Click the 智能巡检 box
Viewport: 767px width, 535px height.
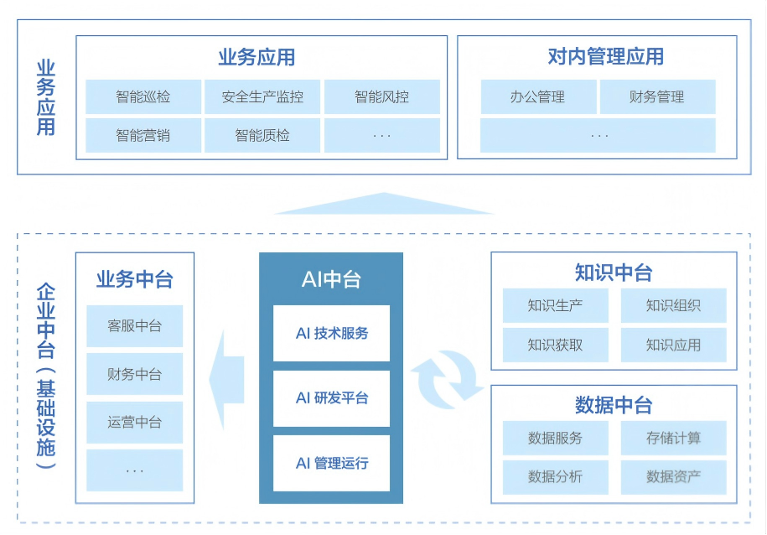tap(143, 96)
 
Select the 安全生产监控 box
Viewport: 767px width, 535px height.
tap(262, 96)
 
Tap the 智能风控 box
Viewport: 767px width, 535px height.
tap(381, 96)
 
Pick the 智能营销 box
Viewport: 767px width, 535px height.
tap(143, 135)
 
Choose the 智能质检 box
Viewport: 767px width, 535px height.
tap(262, 135)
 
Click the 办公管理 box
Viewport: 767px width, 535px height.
tap(538, 96)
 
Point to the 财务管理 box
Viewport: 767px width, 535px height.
tap(657, 96)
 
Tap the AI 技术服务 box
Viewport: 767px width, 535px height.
tap(331, 333)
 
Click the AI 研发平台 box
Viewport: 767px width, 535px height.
tap(331, 398)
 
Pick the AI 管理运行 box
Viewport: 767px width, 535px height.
tap(331, 463)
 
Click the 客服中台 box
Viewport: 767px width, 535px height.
tap(134, 326)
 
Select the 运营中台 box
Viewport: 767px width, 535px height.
tap(134, 422)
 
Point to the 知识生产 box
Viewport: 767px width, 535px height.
tap(555, 305)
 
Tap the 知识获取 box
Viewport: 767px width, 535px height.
tap(555, 345)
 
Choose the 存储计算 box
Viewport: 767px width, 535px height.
tap(673, 438)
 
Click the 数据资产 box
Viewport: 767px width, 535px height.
tap(673, 477)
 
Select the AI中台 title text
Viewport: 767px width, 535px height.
tap(331, 279)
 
